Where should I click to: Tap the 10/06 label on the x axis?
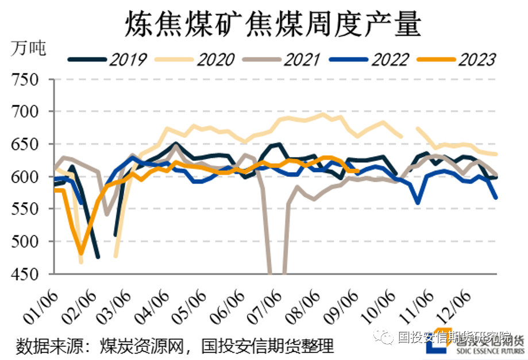[x=376, y=306]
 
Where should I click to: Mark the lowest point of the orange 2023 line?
[x=82, y=253]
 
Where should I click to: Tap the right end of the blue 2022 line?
[x=496, y=198]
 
